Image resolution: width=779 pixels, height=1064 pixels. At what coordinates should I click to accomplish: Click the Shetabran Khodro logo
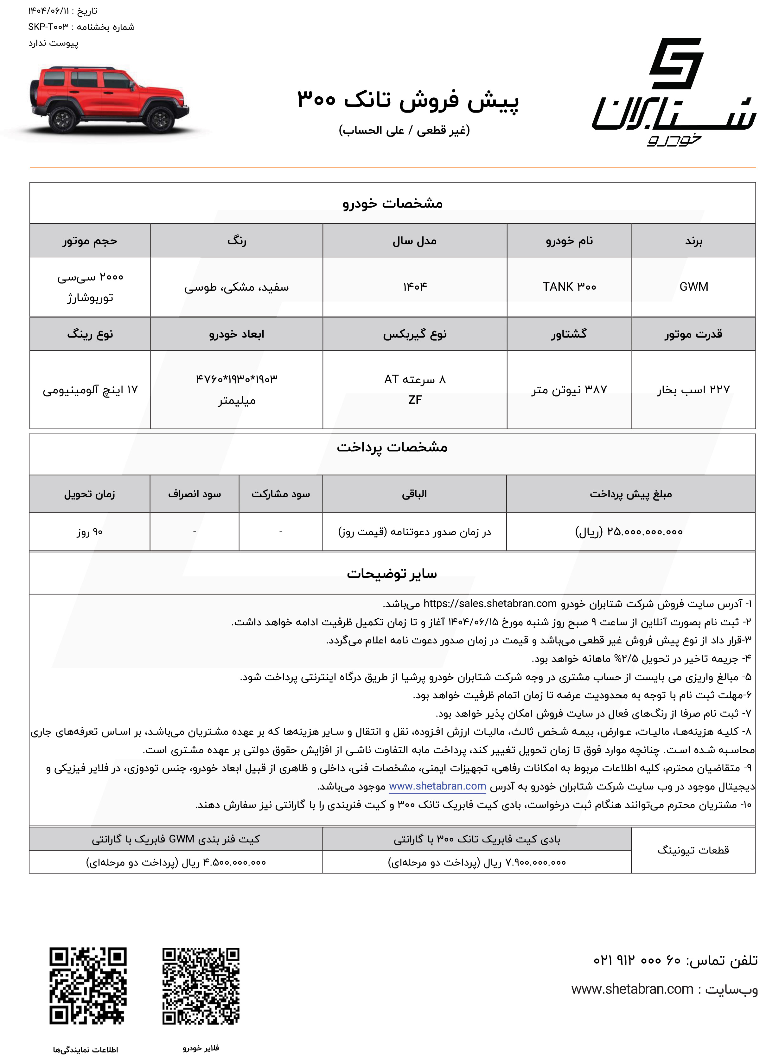coord(674,92)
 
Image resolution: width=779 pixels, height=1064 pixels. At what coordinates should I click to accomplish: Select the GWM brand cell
coord(693,287)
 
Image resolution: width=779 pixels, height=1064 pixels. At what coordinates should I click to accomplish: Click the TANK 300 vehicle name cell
coord(569,287)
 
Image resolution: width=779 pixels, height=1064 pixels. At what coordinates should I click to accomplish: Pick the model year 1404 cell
coord(414,287)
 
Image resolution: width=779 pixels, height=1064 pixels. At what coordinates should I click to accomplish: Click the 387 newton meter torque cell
coord(569,390)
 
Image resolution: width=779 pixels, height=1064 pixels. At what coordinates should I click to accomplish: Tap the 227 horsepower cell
coord(693,390)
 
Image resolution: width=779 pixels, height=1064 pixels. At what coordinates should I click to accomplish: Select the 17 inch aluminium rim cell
coord(90,390)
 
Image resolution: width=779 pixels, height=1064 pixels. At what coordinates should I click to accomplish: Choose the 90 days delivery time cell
coord(90,532)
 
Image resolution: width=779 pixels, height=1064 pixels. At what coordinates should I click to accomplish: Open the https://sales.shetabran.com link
coord(490,603)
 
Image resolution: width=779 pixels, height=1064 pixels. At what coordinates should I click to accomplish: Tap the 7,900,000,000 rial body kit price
coord(477,862)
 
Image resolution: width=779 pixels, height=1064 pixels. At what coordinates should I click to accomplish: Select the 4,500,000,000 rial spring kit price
coord(176,862)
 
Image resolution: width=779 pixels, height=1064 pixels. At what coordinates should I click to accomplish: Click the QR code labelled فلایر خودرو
coord(201,986)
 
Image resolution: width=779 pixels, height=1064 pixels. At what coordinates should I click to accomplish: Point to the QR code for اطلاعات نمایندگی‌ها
coord(88,986)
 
